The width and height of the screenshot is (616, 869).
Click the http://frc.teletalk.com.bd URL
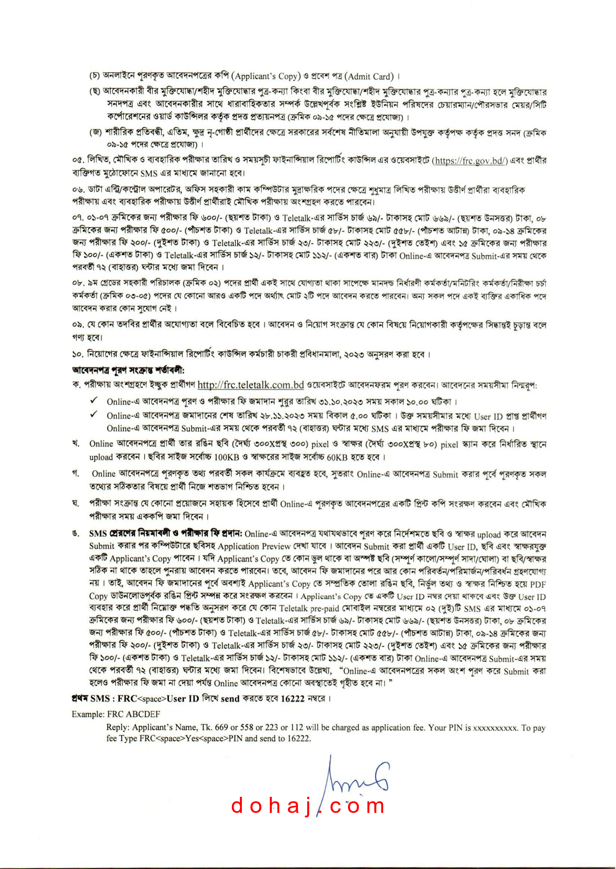pyautogui.click(x=250, y=385)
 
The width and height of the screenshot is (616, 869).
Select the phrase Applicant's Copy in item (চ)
pyautogui.click(x=268, y=76)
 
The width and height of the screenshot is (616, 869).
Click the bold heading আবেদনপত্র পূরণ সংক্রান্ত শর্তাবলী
pyautogui.click(x=128, y=370)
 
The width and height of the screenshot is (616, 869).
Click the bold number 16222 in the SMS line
pyautogui.click(x=292, y=698)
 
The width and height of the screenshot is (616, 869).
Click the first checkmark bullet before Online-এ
pyautogui.click(x=94, y=401)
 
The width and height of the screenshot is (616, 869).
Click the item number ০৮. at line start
pyautogui.click(x=78, y=284)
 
